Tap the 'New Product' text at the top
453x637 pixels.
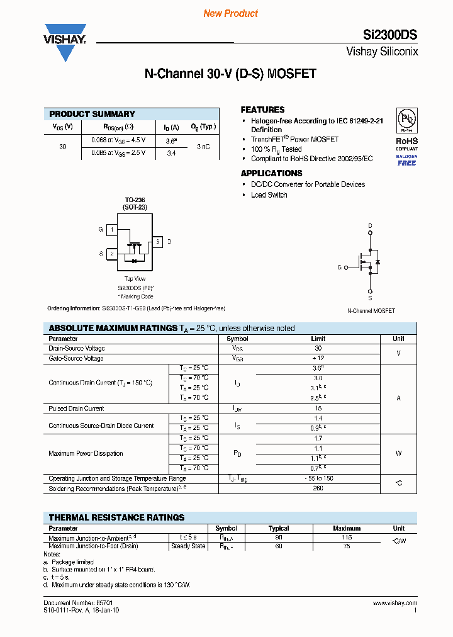pos(230,13)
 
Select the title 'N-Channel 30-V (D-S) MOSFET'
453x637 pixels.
pos(230,74)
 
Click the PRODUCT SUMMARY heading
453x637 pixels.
pos(92,114)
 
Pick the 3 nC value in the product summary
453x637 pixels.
pos(203,146)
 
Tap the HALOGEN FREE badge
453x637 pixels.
pos(406,159)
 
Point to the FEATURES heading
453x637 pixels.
pos(262,110)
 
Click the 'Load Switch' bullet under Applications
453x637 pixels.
pos(269,195)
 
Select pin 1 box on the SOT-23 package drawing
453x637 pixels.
pos(112,230)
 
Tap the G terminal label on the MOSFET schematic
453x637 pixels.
pos(339,268)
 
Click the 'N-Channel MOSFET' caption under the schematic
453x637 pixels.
pos(371,311)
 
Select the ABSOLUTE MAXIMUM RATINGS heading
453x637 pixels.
pos(113,328)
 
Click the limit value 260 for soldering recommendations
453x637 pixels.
pos(318,488)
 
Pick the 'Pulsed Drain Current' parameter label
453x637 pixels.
pos(76,409)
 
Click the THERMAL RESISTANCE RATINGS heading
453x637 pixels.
pos(116,517)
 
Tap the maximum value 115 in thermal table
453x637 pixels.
pos(347,538)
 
